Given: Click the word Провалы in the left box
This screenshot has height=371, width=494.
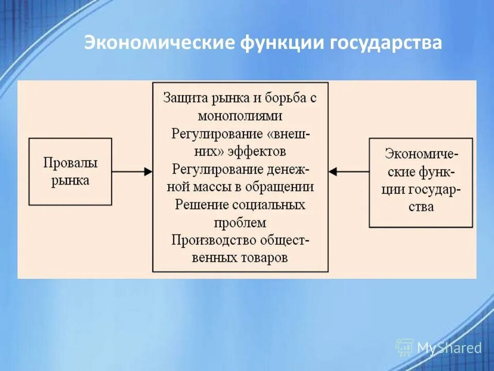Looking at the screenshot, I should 70,163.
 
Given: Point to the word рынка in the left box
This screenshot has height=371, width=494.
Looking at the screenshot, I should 70,180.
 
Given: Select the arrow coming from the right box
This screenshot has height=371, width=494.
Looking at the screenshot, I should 349,172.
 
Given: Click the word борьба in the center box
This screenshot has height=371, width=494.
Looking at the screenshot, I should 285,98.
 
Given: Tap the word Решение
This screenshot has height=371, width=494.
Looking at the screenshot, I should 199,205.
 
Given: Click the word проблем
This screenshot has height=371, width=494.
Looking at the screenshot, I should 240,223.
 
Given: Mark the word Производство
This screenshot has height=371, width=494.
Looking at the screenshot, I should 208,240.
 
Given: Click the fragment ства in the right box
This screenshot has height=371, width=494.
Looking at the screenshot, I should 421,207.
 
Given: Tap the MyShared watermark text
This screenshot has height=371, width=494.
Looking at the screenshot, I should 449,348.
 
